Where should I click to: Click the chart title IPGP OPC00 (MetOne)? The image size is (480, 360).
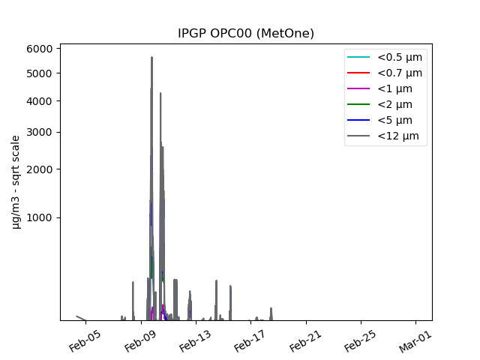(x=245, y=33)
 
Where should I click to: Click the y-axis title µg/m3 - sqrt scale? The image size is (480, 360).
(x=16, y=181)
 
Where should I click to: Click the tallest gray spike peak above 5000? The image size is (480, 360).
(x=151, y=57)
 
